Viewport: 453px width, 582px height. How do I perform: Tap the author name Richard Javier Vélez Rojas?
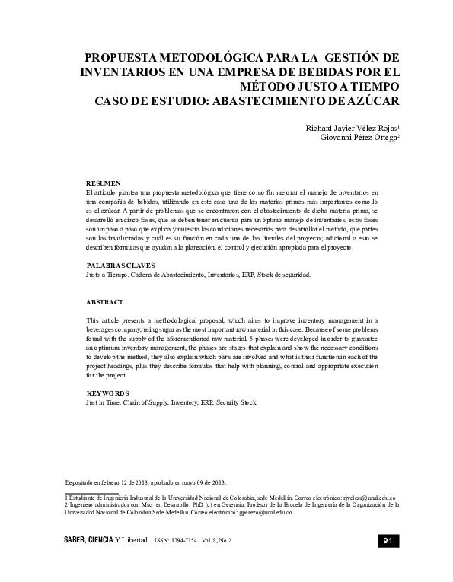click(349, 128)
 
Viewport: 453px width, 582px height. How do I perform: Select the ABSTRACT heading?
click(104, 302)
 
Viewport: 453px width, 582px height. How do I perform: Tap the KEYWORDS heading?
click(108, 393)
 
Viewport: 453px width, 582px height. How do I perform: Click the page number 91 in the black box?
click(387, 540)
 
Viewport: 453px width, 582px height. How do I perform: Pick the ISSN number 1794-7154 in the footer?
click(181, 540)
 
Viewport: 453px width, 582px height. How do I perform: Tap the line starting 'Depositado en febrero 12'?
click(145, 482)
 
